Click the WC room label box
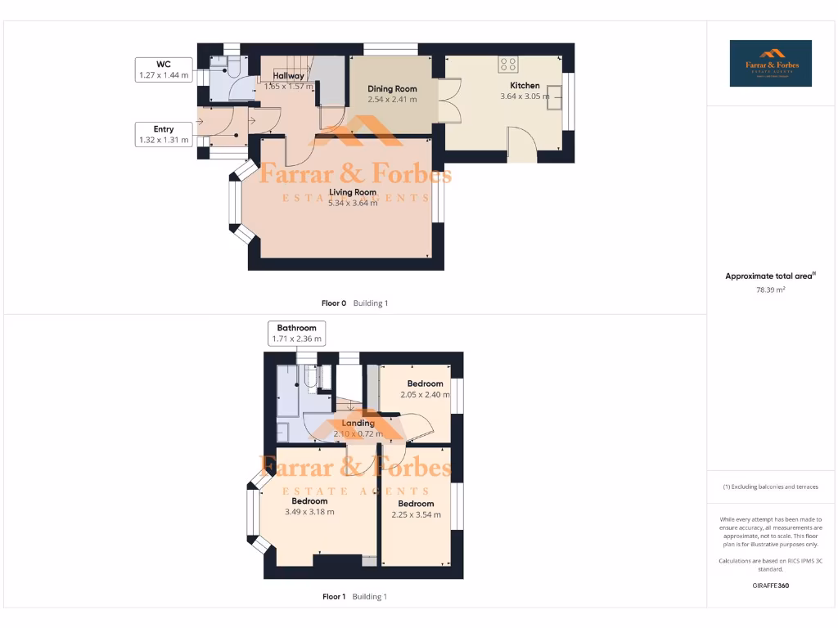tap(164, 70)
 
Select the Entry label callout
tap(164, 134)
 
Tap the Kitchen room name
tap(525, 85)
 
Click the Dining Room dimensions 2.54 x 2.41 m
tap(392, 100)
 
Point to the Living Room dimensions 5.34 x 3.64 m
tap(353, 203)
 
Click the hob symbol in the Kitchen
tap(507, 64)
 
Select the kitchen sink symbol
tap(556, 96)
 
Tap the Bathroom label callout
tap(296, 333)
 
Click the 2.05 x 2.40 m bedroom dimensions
tap(426, 395)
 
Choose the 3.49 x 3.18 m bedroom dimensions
tap(309, 512)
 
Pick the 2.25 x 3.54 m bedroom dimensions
tap(416, 514)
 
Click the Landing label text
tap(358, 423)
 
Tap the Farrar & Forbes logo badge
tap(771, 63)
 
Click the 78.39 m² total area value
tap(770, 289)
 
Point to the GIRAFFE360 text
tap(770, 585)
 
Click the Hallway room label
tap(289, 75)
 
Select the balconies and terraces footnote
tap(770, 487)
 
